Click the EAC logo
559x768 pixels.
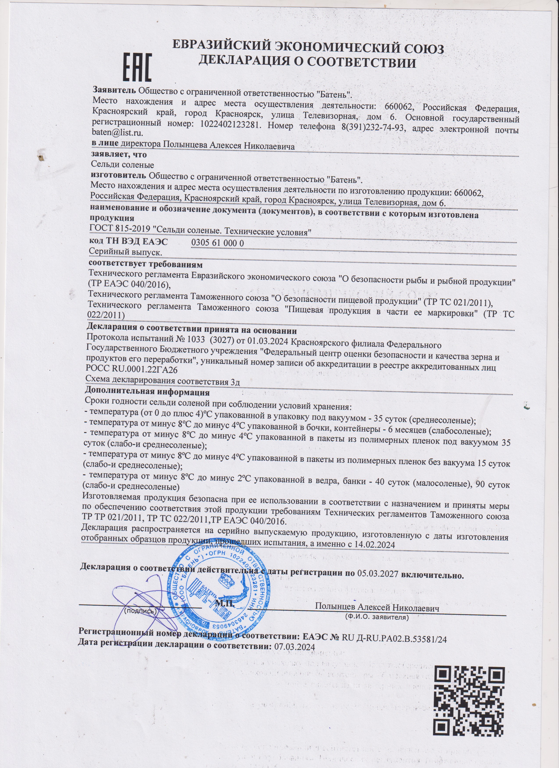(137, 68)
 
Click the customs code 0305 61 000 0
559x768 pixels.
(217, 243)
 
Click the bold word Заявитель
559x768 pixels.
(114, 91)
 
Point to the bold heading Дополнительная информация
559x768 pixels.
(147, 393)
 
